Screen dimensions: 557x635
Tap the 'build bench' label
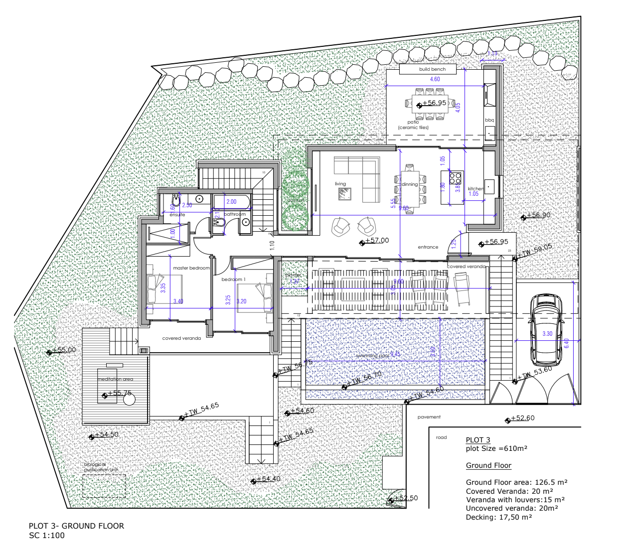[x=432, y=69]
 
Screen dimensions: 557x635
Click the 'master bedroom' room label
[x=191, y=268]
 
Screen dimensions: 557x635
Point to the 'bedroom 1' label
[x=234, y=279]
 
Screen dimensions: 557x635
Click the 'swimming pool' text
[x=372, y=356]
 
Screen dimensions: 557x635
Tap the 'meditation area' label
[x=115, y=379]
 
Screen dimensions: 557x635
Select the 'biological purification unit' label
[x=101, y=467]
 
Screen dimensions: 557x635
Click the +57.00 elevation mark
[x=377, y=240]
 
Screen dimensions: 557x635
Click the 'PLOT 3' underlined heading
[x=478, y=440]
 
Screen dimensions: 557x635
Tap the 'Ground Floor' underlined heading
[x=488, y=465]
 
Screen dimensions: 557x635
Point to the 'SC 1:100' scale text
[x=47, y=536]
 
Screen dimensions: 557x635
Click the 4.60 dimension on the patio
[x=435, y=79]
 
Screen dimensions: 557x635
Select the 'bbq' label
[x=489, y=120]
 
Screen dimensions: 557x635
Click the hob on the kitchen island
[x=456, y=178]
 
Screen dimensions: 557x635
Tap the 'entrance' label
[x=428, y=247]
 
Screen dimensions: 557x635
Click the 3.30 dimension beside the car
[x=547, y=334]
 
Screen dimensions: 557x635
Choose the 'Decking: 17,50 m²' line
[x=499, y=517]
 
